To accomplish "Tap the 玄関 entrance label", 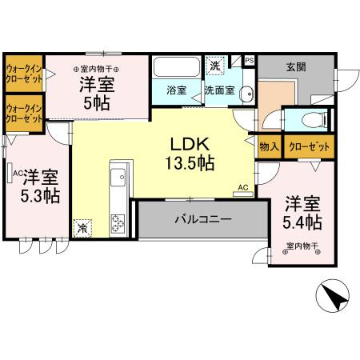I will [x=296, y=68].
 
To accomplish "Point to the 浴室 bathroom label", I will [x=178, y=90].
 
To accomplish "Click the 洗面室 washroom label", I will [x=218, y=90].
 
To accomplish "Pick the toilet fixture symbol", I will [x=312, y=121].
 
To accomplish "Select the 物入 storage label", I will [x=268, y=147].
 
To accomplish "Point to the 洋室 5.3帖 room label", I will [x=38, y=185].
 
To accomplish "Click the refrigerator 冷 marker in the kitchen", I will [x=82, y=227].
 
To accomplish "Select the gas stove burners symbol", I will [x=120, y=222].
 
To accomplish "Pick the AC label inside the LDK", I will [x=242, y=190].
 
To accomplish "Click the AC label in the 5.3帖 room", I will [x=17, y=171].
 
